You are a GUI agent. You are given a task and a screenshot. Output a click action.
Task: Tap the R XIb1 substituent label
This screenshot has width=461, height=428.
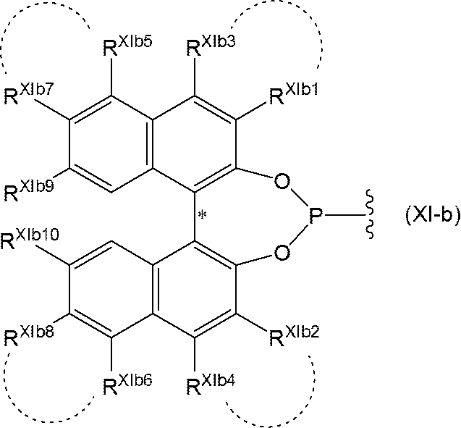click(293, 94)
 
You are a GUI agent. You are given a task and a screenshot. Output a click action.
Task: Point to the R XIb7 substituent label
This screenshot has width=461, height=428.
click(28, 94)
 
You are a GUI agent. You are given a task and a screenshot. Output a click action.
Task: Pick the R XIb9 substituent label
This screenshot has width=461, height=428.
click(29, 191)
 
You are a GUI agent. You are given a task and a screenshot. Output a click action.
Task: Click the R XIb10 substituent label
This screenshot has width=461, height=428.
click(30, 240)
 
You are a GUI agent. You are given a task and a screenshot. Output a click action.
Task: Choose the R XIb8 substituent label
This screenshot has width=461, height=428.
click(29, 337)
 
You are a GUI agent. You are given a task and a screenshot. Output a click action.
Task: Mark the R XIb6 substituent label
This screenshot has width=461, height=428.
click(128, 385)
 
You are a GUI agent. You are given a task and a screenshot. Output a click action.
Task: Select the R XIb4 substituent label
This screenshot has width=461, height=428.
click(211, 385)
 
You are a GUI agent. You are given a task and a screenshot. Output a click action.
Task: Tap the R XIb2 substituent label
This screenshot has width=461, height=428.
click(294, 337)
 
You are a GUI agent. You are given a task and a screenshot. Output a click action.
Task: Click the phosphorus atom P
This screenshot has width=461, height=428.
click(316, 217)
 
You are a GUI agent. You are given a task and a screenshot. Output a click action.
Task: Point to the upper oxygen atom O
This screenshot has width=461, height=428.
click(282, 182)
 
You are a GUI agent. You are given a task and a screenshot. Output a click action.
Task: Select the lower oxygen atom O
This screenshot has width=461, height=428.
click(282, 253)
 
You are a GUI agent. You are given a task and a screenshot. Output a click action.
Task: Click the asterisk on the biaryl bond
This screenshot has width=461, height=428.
click(203, 215)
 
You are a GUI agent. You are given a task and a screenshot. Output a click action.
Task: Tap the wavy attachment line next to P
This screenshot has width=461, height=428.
click(370, 214)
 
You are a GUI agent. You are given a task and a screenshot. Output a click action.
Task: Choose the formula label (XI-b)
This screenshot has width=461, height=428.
click(433, 217)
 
